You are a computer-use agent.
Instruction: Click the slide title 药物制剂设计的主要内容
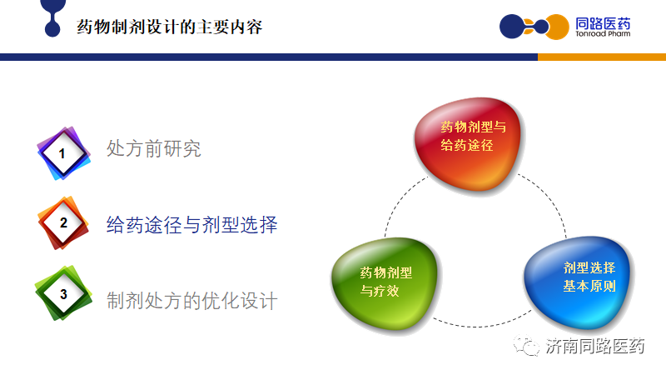(170, 27)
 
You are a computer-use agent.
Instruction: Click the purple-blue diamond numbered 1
(64, 153)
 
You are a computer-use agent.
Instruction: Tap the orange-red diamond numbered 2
(64, 222)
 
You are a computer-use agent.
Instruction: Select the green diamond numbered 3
(64, 293)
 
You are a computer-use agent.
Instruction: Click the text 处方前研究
(154, 148)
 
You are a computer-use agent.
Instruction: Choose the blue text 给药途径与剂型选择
(192, 224)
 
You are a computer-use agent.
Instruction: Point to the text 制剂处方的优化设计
(192, 301)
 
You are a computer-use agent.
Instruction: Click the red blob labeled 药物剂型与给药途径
(469, 143)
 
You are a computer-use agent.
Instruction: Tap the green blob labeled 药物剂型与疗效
(385, 283)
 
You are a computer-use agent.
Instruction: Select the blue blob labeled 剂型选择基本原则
(578, 282)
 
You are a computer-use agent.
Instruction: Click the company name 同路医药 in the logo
(603, 23)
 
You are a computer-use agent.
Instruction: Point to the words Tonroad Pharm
(603, 33)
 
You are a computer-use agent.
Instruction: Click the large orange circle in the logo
(557, 27)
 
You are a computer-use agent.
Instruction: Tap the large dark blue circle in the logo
(512, 27)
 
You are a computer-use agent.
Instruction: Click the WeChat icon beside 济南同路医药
(526, 345)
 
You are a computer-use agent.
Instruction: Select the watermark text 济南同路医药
(595, 346)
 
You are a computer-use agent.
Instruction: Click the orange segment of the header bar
(602, 57)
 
